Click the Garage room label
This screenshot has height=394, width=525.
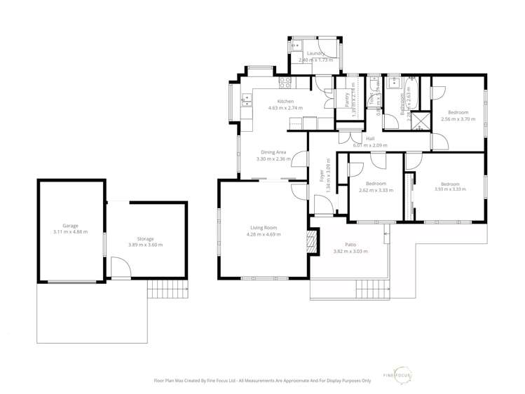70,225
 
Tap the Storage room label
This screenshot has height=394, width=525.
145,238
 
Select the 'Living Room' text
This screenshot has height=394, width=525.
264,227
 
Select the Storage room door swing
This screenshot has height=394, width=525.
121,267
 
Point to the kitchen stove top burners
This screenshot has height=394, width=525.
285,81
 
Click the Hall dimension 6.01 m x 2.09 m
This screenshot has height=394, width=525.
369,145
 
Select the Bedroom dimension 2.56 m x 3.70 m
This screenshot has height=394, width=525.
458,119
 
